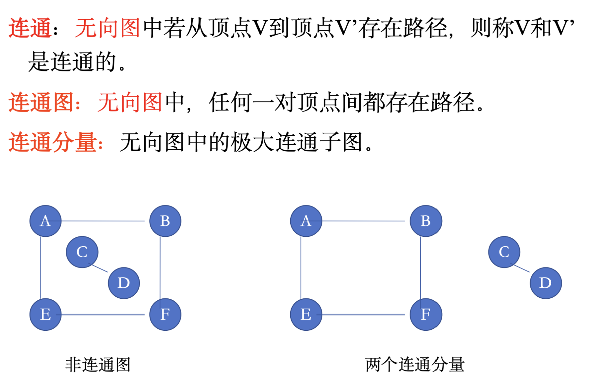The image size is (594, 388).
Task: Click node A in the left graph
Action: (x=46, y=221)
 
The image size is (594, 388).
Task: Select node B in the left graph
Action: (x=165, y=221)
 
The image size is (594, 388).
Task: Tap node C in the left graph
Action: (x=82, y=252)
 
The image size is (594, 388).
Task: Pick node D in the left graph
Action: (x=124, y=283)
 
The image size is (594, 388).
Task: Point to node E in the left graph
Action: (x=46, y=314)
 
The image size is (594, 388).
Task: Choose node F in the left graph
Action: (x=165, y=314)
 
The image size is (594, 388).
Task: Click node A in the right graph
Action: (x=306, y=221)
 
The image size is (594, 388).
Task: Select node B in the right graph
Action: (x=426, y=221)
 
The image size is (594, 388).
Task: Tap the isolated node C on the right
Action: (x=504, y=252)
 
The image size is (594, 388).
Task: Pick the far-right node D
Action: (x=546, y=283)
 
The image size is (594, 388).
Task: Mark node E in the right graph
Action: (x=306, y=314)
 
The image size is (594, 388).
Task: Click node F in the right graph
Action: (x=426, y=314)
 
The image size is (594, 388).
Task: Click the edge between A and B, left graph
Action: (x=102, y=221)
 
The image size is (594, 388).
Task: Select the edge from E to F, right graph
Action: (x=363, y=314)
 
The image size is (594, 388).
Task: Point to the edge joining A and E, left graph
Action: (x=40, y=268)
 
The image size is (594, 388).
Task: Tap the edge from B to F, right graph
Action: (x=420, y=268)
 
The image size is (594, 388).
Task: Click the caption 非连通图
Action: (x=98, y=364)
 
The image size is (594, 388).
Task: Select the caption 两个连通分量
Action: (x=415, y=364)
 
